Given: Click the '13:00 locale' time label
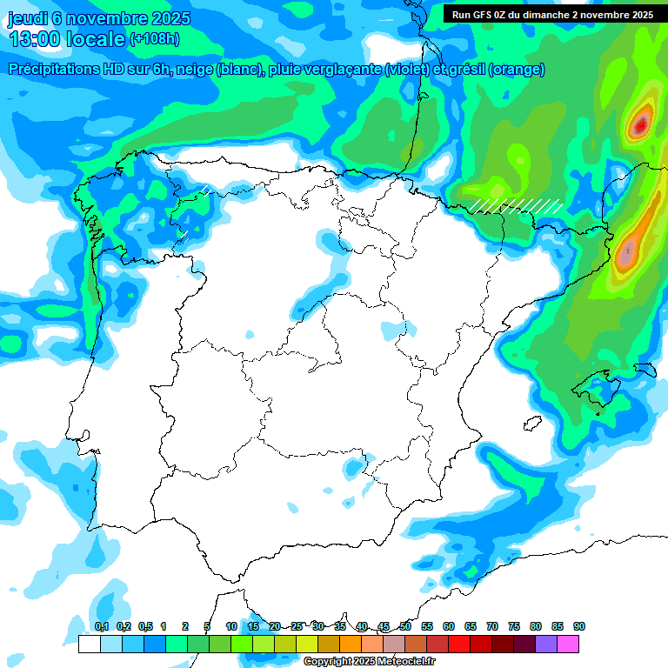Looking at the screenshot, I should (66, 39).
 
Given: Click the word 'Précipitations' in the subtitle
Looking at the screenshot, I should (53, 70).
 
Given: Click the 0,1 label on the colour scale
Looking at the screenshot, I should (101, 627).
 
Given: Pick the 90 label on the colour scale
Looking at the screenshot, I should (579, 627).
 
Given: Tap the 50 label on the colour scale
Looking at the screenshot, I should (405, 627).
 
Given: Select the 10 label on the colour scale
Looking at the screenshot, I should (231, 627).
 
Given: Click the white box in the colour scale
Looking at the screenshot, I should (89, 644).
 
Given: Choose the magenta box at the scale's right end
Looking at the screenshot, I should (568, 644).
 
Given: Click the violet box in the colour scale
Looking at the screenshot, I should (546, 644).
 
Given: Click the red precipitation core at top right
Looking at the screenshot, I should (641, 125).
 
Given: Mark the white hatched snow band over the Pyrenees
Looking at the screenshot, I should (517, 205).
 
